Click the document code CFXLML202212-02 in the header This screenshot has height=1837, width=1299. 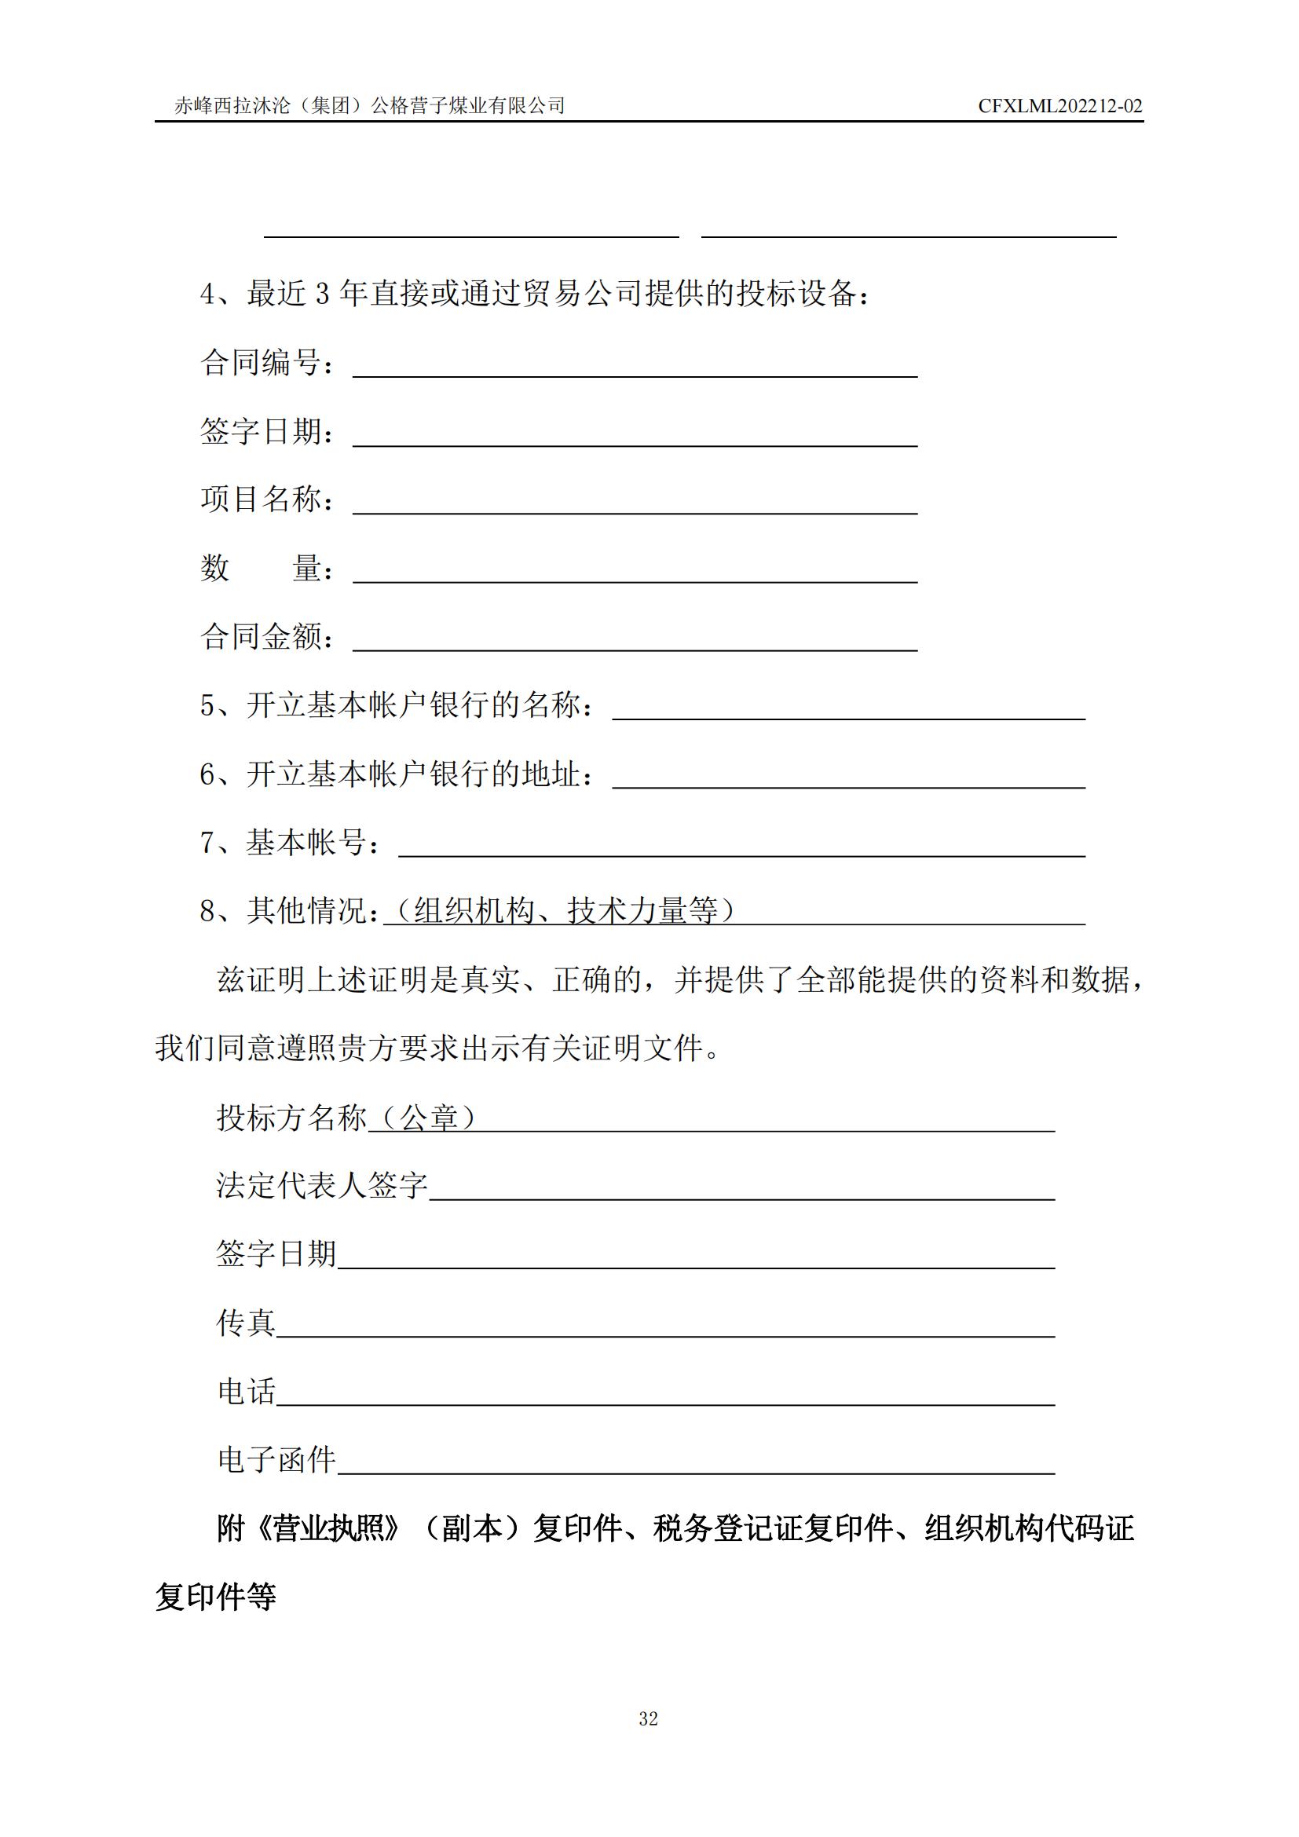click(1059, 106)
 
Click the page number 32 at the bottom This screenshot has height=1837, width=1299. click(649, 1718)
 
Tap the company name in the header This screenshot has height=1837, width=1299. click(370, 105)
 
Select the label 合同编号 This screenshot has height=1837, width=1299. click(261, 364)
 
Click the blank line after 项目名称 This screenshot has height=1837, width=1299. click(635, 503)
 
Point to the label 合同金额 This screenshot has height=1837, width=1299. click(261, 637)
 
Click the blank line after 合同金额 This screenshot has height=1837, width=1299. click(635, 640)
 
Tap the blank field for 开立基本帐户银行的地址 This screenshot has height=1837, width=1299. click(848, 777)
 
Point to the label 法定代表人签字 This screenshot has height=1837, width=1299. click(322, 1185)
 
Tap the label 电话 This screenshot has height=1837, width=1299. click(246, 1392)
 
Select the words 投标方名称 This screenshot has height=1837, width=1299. click(291, 1117)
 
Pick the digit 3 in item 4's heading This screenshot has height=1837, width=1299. click(322, 295)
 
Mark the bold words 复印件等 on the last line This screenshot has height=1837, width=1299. click(215, 1597)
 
